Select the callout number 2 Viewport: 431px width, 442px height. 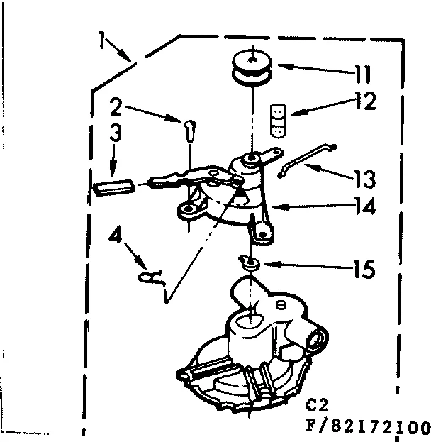pos(118,108)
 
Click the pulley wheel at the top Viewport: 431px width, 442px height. pos(252,67)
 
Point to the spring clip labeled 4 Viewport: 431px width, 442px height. pos(153,277)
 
